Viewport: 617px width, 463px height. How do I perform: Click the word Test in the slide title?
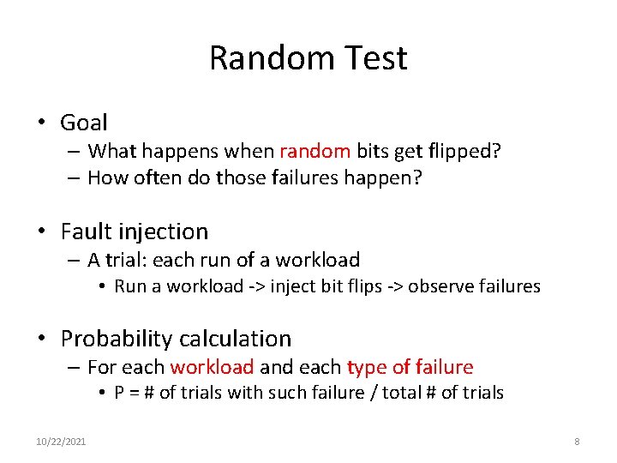[x=375, y=58]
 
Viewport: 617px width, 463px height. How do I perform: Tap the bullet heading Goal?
[x=84, y=123]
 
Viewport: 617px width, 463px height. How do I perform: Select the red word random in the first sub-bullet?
[x=314, y=152]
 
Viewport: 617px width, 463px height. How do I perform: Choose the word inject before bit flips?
[x=294, y=286]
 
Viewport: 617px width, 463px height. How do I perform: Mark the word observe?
[x=437, y=286]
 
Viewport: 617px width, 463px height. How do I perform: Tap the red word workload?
[x=212, y=368]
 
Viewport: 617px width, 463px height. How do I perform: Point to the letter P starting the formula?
[x=119, y=394]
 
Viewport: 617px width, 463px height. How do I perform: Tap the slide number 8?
[x=577, y=442]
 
